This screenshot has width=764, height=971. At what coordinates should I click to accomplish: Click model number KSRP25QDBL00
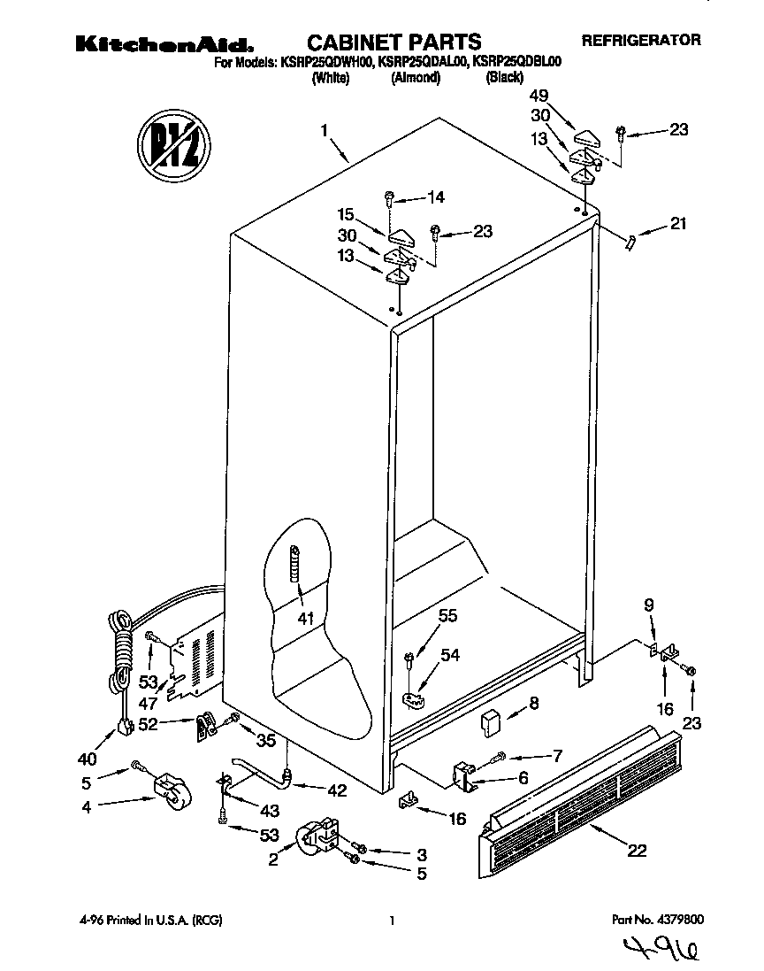(517, 61)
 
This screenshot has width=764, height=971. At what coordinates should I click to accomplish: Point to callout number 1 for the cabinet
(325, 131)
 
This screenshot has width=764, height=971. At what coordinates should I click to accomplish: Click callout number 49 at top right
(539, 96)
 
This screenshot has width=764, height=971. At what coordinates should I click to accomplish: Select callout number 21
(677, 224)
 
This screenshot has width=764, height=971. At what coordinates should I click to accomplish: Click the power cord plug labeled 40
(125, 727)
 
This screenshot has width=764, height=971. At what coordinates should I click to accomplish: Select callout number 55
(448, 614)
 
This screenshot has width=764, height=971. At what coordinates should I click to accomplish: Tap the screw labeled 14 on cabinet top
(389, 198)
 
